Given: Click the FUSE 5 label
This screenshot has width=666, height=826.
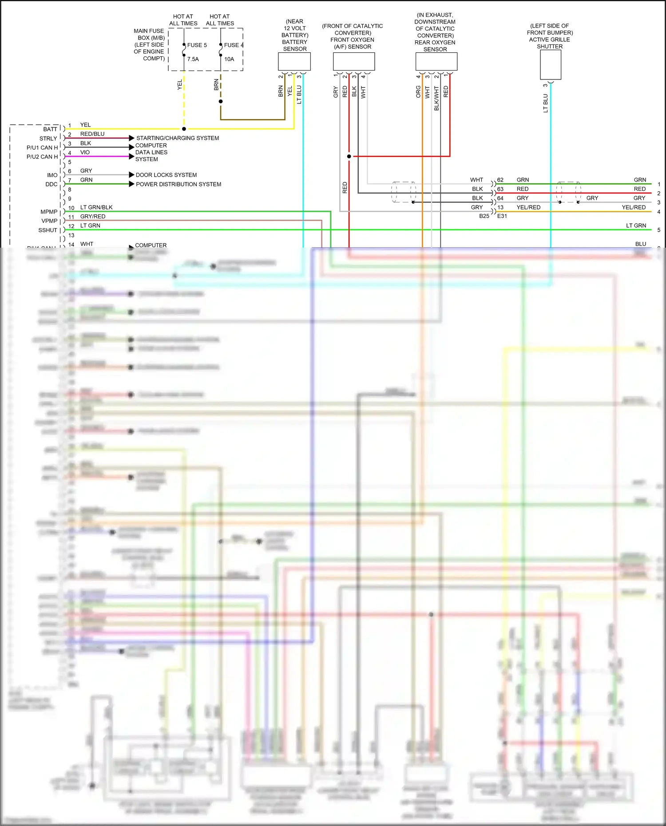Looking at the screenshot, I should pyautogui.click(x=197, y=45).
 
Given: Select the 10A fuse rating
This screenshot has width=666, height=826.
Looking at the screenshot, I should pyautogui.click(x=229, y=59).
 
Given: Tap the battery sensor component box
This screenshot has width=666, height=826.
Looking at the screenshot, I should pyautogui.click(x=294, y=61).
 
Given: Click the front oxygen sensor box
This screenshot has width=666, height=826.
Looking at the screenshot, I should pyautogui.click(x=354, y=61).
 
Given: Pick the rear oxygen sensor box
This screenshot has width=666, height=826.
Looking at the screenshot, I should pyautogui.click(x=436, y=62).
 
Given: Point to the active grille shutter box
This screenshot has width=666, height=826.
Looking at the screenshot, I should pyautogui.click(x=551, y=65).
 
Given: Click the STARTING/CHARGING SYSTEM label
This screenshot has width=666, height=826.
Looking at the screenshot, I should pyautogui.click(x=178, y=138).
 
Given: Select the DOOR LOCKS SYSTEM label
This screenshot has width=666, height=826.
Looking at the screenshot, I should pyautogui.click(x=166, y=175).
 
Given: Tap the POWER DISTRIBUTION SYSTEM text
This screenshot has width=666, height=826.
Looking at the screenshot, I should pyautogui.click(x=178, y=184).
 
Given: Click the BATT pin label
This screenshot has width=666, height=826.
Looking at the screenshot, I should pyautogui.click(x=50, y=129).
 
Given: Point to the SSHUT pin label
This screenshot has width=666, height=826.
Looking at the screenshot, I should pyautogui.click(x=48, y=230).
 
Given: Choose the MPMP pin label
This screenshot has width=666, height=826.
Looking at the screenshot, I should pyautogui.click(x=49, y=212).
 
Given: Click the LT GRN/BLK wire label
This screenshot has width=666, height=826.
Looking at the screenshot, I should pyautogui.click(x=96, y=207).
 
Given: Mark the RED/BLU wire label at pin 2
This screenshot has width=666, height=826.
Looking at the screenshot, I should pyautogui.click(x=92, y=134).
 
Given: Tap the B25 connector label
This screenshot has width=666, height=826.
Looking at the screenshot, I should pyautogui.click(x=484, y=216).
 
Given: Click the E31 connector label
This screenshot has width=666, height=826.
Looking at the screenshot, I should pyautogui.click(x=502, y=216).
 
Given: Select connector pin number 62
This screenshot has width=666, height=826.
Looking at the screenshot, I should pyautogui.click(x=500, y=180).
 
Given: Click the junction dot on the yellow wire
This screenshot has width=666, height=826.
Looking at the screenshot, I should pyautogui.click(x=184, y=129).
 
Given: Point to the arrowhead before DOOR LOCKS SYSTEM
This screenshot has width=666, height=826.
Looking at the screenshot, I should pyautogui.click(x=131, y=175).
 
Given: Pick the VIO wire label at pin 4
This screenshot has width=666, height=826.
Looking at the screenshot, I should pyautogui.click(x=85, y=152).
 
